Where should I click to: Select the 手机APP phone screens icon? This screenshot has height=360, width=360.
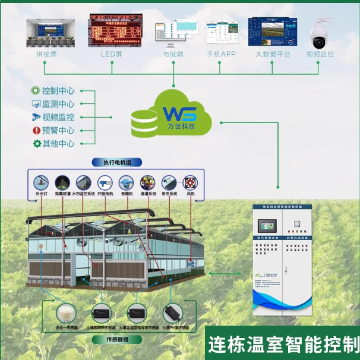pyautogui.click(x=222, y=33)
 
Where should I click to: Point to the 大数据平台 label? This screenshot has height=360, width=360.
pyautogui.click(x=273, y=54)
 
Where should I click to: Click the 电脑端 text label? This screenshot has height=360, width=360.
pyautogui.click(x=173, y=54)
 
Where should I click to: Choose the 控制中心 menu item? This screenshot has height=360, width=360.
pyautogui.click(x=58, y=91)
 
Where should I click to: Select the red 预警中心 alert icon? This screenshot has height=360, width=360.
pyautogui.click(x=36, y=130)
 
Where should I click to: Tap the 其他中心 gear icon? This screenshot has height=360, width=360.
pyautogui.click(x=36, y=143)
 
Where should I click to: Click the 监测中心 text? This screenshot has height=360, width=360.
pyautogui.click(x=58, y=104)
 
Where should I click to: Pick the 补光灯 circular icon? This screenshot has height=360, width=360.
pyautogui.click(x=41, y=182)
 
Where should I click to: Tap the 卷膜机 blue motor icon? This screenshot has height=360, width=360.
pyautogui.click(x=126, y=182)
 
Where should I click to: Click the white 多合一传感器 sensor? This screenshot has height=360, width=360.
pyautogui.click(x=65, y=312)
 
